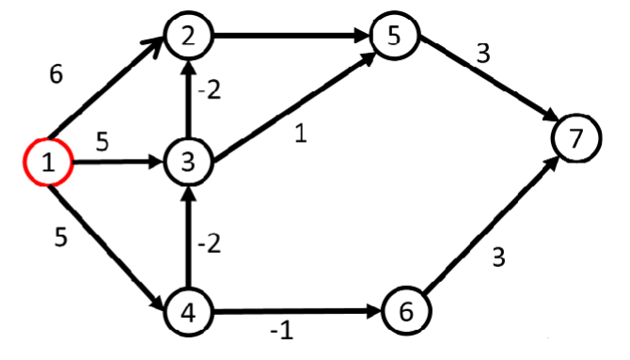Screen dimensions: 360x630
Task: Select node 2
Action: coord(189,37)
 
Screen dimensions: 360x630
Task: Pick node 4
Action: coord(189,311)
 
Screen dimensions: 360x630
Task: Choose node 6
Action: coord(405,311)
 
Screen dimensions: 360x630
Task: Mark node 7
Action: coord(576,139)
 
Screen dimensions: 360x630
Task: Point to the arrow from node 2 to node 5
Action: coord(291,38)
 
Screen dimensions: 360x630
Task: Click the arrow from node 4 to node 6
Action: coord(296,311)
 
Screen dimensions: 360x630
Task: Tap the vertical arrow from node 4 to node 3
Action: coord(189,240)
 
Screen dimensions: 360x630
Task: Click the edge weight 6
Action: coord(56,75)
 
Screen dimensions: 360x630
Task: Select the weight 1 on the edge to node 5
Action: coord(300,134)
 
